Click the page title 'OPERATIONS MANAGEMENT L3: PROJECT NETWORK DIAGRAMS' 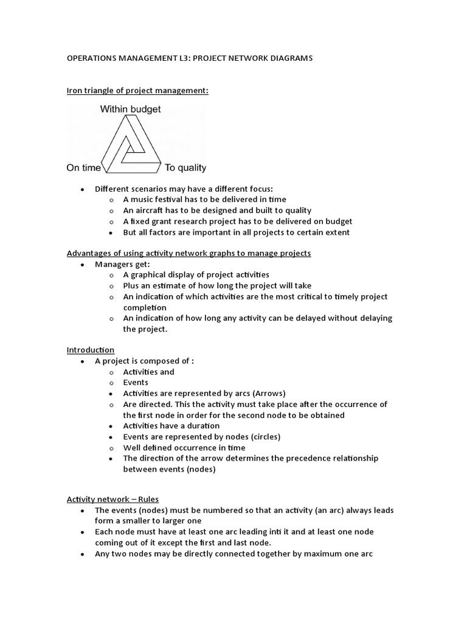[189, 58]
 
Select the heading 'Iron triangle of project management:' [137, 91]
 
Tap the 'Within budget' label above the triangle [130, 110]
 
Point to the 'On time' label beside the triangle [83, 168]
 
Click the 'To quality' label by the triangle [185, 168]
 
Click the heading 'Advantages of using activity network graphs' [189, 253]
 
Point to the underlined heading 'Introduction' [90, 350]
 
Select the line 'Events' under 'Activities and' [136, 383]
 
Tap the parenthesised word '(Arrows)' [266, 393]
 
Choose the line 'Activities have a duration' [171, 426]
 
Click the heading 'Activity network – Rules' [112, 499]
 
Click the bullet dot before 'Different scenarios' [82, 189]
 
